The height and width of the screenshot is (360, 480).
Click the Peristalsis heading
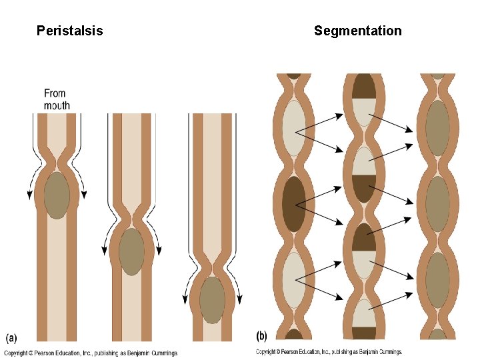(70, 31)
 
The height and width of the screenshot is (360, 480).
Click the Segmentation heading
(358, 31)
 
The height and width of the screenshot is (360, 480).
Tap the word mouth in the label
(57, 105)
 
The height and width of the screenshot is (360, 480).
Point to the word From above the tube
(55, 93)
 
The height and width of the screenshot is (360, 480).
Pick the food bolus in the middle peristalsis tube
(131, 251)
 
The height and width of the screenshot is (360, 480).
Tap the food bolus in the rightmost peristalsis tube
(212, 300)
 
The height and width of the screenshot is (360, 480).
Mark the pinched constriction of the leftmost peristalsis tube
(57, 161)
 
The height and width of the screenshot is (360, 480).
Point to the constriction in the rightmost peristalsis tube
(212, 265)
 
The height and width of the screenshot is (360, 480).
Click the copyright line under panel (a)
(91, 353)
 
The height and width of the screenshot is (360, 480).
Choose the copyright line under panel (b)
(329, 352)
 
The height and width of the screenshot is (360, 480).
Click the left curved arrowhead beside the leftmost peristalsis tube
(29, 195)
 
